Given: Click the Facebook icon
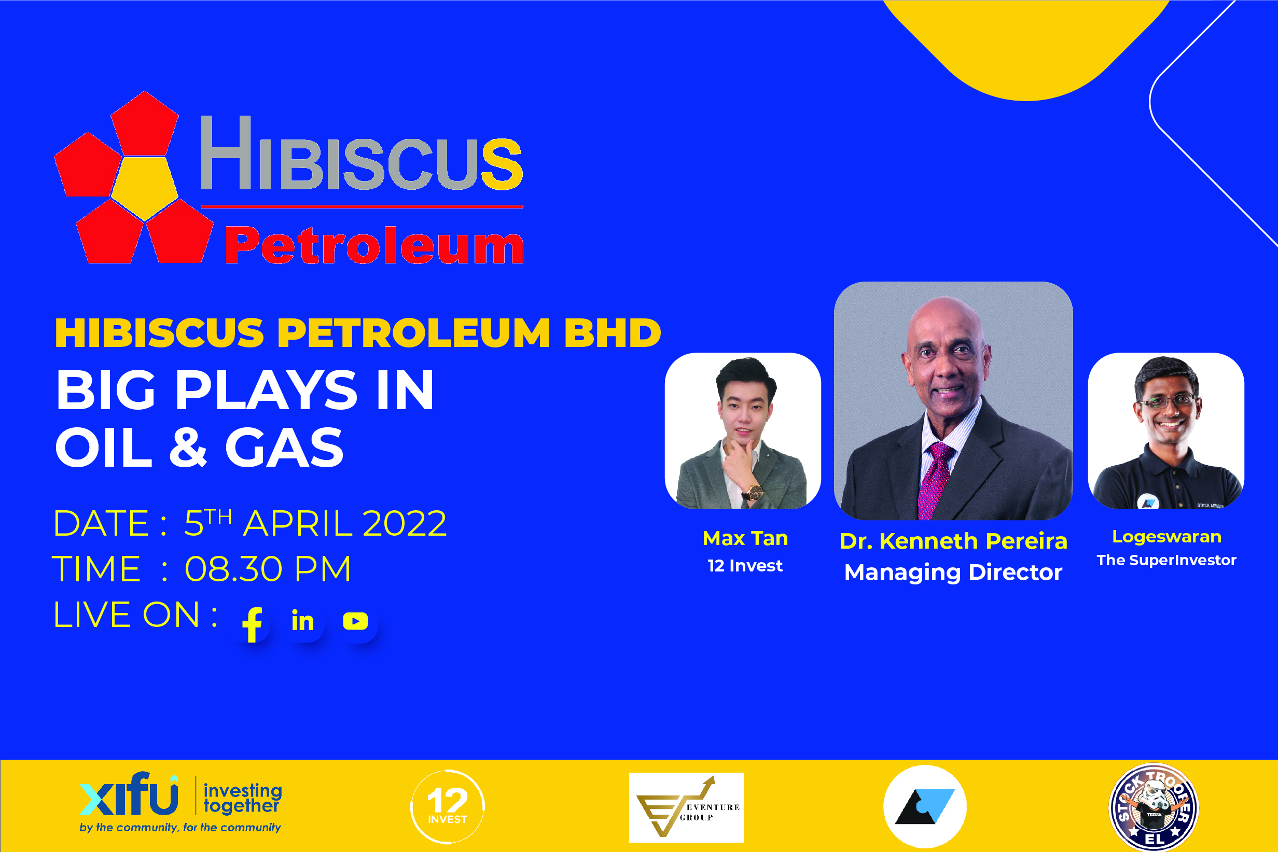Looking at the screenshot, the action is point(252,624).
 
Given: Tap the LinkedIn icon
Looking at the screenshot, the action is point(303,621).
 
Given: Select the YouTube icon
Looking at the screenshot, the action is point(355,621).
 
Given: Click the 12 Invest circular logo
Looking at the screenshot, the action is point(447,806).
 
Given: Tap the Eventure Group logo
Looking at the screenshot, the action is point(686,807).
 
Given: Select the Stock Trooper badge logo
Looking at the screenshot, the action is point(1153,807).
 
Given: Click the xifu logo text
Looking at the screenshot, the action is point(129,794).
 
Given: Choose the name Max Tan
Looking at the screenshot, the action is point(745,538).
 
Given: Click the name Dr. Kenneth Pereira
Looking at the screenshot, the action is point(953,541).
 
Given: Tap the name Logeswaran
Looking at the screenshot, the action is point(1166,537).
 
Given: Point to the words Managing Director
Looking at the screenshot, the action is point(953,572).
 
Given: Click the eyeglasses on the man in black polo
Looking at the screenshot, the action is point(1166,402).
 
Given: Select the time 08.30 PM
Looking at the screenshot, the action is point(268,569).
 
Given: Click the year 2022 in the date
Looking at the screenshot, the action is point(404,524).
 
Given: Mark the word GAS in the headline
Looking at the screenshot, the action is point(284,447).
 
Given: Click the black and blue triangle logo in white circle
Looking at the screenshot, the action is point(925,806).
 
